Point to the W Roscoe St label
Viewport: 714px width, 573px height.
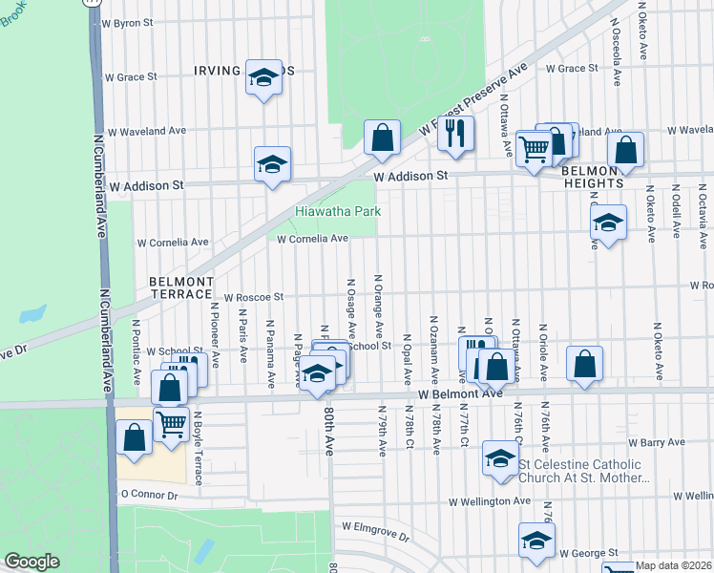click(253, 298)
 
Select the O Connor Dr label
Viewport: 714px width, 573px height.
click(149, 496)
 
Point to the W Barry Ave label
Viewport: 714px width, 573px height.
click(656, 442)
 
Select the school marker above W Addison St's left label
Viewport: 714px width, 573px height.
click(271, 163)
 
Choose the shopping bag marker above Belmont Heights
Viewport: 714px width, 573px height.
click(625, 150)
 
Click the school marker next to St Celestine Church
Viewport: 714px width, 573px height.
click(499, 456)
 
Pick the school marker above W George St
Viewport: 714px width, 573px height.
click(536, 540)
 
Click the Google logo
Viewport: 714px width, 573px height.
click(31, 562)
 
